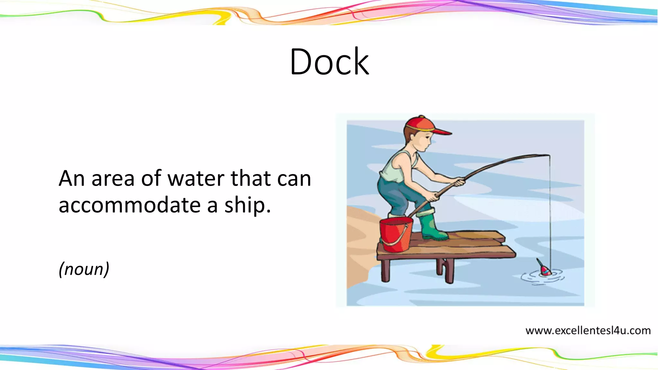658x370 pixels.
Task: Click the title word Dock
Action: [329, 62]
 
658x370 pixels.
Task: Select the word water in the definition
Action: [196, 179]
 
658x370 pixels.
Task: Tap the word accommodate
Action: [129, 205]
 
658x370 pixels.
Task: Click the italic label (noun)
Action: [84, 269]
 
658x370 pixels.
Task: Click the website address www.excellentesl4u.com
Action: [588, 330]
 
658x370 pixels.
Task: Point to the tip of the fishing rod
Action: [549, 155]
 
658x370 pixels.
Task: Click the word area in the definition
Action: [113, 179]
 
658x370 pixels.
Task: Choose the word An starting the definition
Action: [72, 179]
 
